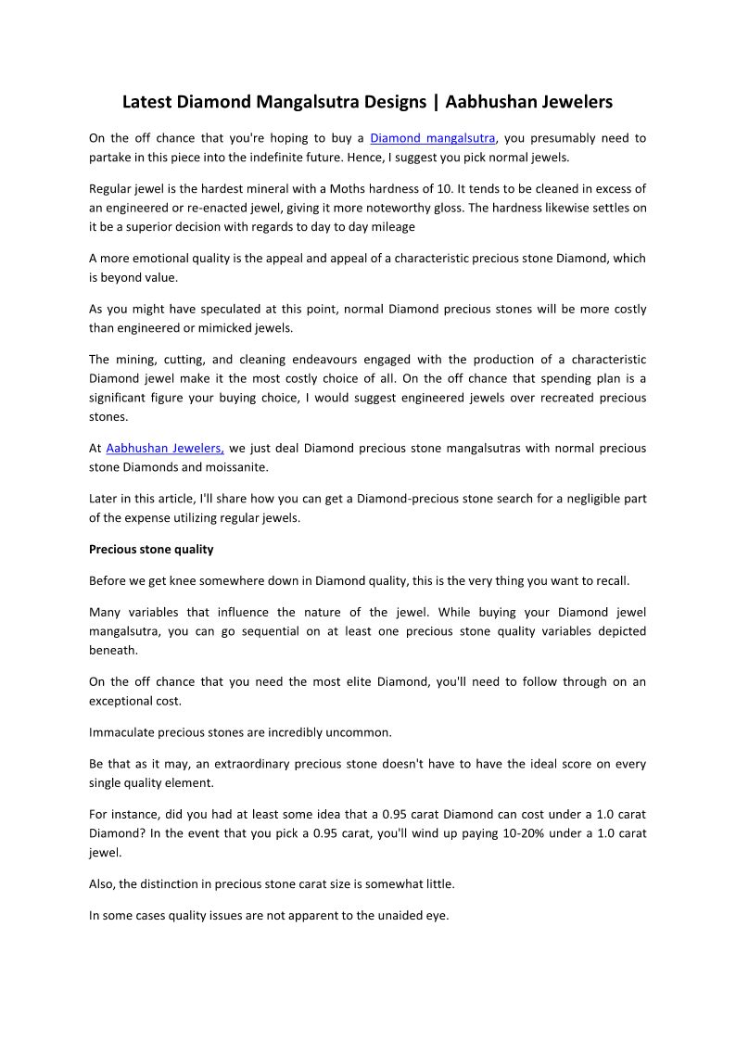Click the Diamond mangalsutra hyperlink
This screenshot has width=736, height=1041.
coord(433,138)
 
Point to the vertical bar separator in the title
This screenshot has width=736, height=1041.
coord(437,101)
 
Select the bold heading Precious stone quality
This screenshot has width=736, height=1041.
coord(151,549)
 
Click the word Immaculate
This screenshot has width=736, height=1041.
coord(125,732)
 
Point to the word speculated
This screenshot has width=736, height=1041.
coord(243,309)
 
